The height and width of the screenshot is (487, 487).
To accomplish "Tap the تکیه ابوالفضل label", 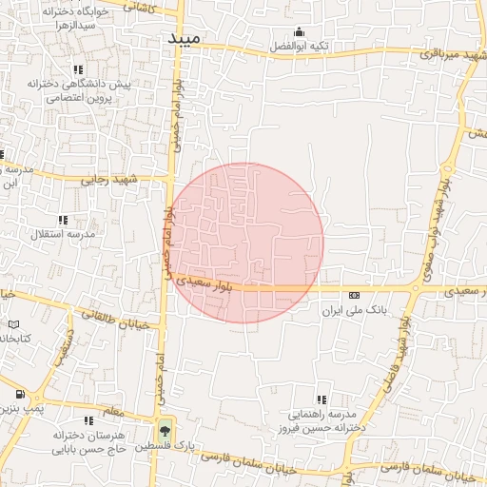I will click(298, 45).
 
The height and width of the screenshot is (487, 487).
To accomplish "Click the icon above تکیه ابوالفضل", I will click(299, 30).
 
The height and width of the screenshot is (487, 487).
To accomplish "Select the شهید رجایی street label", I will click(108, 178).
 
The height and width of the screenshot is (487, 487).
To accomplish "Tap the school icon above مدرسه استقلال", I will click(63, 220).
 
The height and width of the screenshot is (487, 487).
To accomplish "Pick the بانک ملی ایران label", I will click(353, 310).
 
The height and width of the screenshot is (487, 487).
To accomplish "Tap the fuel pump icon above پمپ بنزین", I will click(20, 394).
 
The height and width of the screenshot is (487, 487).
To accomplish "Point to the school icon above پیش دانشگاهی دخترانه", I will click(77, 69).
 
